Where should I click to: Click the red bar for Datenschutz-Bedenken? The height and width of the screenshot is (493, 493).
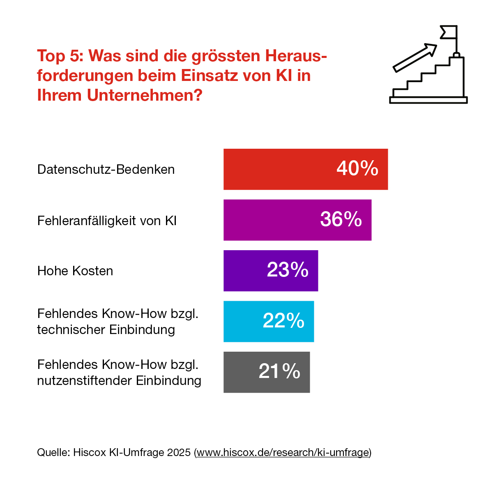279,169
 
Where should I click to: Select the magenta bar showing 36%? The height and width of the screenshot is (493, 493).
271,220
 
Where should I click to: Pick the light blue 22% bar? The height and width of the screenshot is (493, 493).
242,322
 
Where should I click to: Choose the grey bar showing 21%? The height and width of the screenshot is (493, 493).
240,372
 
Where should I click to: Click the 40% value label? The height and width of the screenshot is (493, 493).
357,168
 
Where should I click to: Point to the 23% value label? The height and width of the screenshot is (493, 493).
288,270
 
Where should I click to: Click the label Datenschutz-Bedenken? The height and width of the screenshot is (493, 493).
106,169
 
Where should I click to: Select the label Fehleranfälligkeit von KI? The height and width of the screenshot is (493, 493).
107,221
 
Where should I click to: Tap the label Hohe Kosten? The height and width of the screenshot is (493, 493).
75,271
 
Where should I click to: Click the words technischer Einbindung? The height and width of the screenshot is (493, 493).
106,329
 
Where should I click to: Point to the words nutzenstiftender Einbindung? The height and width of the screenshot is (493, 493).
119,380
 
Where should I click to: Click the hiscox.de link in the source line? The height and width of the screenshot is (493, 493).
283,452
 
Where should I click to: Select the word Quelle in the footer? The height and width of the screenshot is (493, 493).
53,452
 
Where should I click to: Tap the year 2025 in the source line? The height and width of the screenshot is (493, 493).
179,452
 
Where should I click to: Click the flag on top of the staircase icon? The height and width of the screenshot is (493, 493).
448,32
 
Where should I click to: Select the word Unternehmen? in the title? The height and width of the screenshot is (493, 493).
145,95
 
